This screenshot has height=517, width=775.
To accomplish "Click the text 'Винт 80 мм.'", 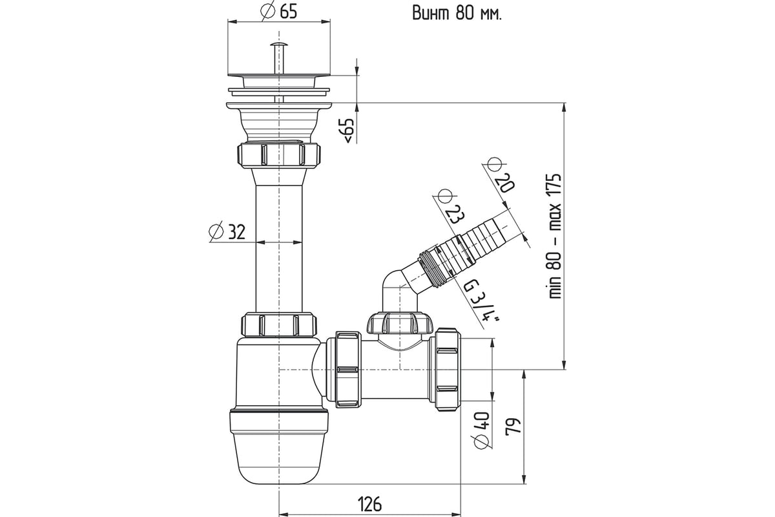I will coord(457,13).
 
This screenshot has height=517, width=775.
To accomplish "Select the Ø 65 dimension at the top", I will coord(279,11).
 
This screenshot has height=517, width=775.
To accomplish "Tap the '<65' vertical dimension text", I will coord(347,131).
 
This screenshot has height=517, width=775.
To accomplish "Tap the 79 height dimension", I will coord(514,426).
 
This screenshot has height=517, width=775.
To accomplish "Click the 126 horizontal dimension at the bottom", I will coord(369,503).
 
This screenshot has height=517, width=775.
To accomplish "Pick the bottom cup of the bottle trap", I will coord(279,446).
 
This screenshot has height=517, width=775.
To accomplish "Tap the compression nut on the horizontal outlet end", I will coord(447,369).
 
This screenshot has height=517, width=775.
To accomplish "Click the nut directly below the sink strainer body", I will coord(279,154).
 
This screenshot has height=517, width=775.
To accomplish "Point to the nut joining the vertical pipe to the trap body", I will coord(279,324).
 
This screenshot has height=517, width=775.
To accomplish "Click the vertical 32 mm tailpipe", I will coord(279,246).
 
